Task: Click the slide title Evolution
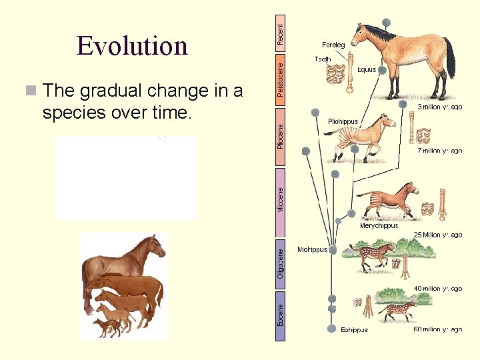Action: (x=132, y=46)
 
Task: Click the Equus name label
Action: (x=367, y=69)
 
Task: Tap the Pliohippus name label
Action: (x=343, y=121)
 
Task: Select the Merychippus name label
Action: (x=379, y=225)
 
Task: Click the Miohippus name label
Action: (x=313, y=249)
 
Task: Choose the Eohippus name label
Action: (x=354, y=329)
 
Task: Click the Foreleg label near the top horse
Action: (x=333, y=45)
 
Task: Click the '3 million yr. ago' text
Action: (x=440, y=107)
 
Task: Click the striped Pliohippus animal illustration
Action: (x=365, y=137)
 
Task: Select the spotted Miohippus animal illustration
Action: (x=373, y=256)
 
